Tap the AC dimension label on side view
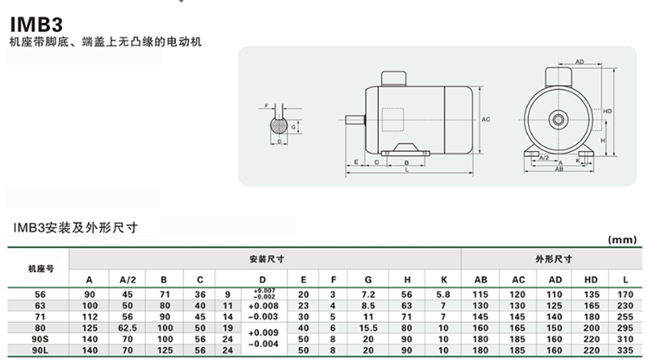tap(487, 119)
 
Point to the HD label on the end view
tap(608, 111)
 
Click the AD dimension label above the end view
tap(580, 62)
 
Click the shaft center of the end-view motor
tap(559, 117)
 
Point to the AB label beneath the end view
tap(559, 169)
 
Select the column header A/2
tap(128, 280)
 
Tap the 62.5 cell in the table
tap(128, 329)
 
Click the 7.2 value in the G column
tap(368, 294)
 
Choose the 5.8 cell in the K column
tap(443, 294)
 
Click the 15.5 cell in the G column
tap(368, 329)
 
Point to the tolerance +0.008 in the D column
tap(261, 306)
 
